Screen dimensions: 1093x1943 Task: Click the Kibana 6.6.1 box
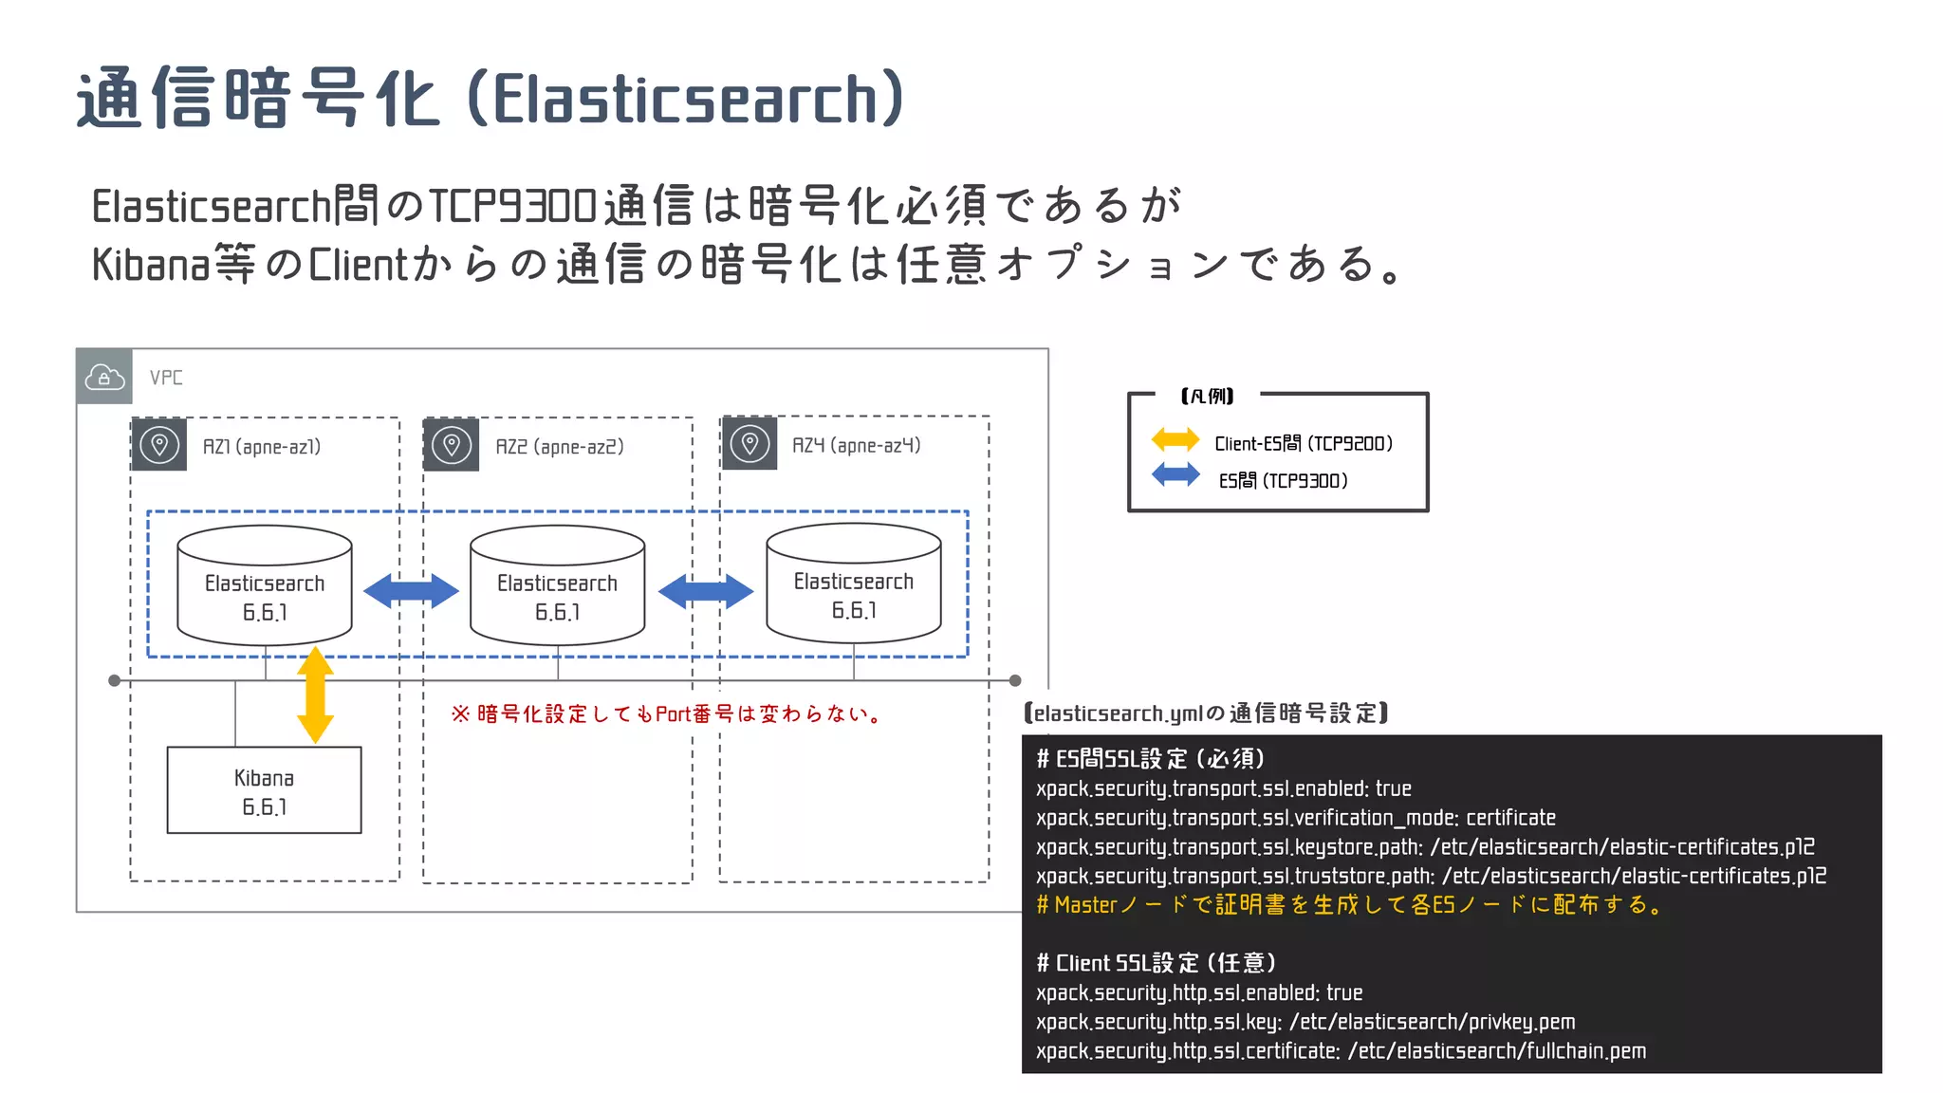(264, 790)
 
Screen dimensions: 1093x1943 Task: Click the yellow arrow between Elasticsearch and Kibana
(315, 695)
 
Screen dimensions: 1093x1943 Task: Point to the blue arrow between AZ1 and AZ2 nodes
(411, 591)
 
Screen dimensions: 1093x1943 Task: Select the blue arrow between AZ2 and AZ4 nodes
(706, 591)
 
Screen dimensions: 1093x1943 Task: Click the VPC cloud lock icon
(104, 377)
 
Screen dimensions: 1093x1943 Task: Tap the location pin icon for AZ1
(159, 444)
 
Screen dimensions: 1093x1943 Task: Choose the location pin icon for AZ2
(452, 444)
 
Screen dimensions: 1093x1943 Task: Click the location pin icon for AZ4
(749, 443)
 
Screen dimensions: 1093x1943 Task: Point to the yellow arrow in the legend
(1175, 439)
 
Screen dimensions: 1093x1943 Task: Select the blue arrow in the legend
(1175, 474)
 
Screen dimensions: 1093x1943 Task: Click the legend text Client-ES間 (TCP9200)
(1304, 443)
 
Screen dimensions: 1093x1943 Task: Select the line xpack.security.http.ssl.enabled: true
(1199, 992)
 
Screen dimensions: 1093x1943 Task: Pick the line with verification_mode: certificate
(1296, 818)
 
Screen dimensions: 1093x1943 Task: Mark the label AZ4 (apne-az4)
(856, 445)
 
